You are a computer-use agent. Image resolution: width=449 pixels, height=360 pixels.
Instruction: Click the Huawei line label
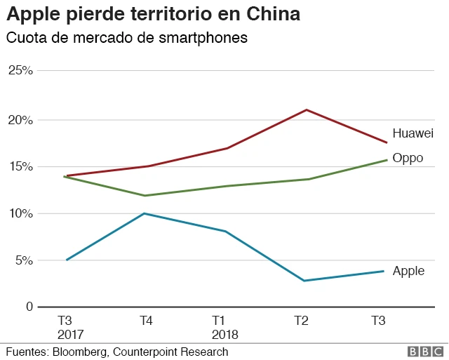(413, 133)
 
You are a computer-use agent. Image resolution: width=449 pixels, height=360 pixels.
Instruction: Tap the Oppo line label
(408, 158)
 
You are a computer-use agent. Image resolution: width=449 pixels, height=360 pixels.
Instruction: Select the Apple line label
(408, 271)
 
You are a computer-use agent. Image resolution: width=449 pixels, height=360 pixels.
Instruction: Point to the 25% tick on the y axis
(20, 70)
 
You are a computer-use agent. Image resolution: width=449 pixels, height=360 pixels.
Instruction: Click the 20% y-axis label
(20, 120)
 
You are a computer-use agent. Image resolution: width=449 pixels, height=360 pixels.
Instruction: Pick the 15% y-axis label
(20, 167)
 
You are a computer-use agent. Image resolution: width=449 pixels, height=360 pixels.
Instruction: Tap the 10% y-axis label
(20, 213)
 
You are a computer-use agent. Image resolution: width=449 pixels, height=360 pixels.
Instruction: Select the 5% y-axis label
(23, 260)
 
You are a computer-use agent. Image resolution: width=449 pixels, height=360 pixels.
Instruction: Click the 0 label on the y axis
(28, 307)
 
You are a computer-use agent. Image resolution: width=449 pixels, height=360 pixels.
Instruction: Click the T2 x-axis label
(301, 321)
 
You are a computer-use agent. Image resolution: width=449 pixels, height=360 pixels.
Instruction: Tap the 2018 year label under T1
(224, 335)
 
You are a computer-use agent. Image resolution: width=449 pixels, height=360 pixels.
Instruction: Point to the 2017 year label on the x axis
(70, 335)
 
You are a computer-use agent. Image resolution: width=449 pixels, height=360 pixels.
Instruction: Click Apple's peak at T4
(144, 213)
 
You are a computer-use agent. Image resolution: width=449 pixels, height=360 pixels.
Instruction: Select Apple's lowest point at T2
(304, 281)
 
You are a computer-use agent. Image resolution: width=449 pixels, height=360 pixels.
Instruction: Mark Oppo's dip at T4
(145, 196)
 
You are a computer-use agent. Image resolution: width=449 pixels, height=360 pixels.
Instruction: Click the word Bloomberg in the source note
(83, 352)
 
